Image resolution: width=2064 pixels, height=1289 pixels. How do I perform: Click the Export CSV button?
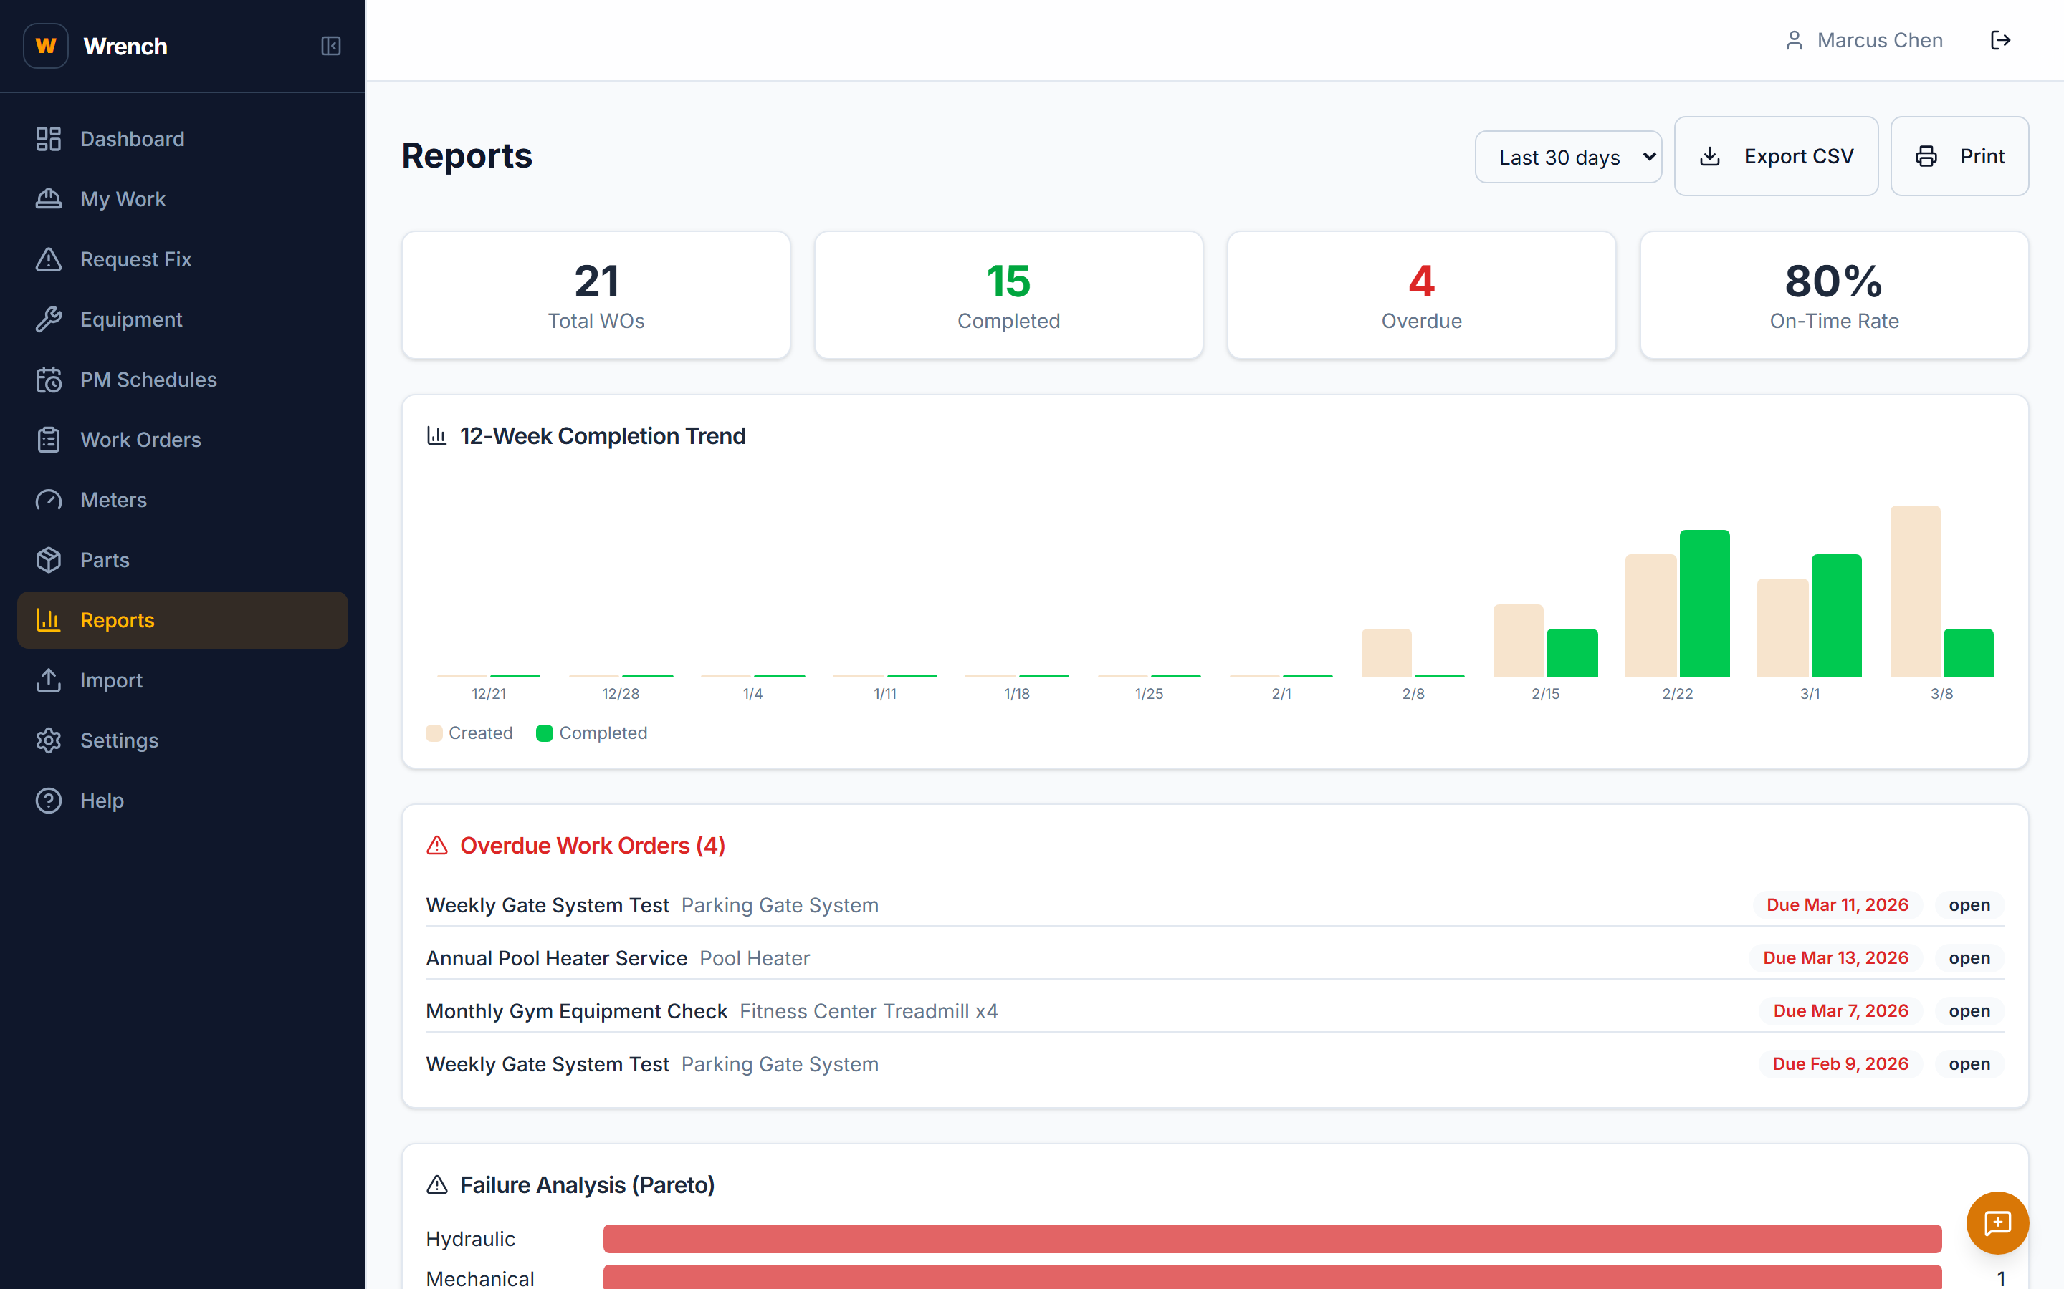pyautogui.click(x=1776, y=156)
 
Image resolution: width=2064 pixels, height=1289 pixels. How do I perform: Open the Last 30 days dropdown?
pyautogui.click(x=1567, y=157)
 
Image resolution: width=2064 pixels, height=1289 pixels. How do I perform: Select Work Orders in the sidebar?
pyautogui.click(x=140, y=440)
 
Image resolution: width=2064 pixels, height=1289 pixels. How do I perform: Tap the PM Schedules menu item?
pyautogui.click(x=148, y=380)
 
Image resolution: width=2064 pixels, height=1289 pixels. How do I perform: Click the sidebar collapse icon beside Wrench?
pyautogui.click(x=331, y=46)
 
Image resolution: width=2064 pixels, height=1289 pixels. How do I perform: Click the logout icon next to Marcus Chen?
pyautogui.click(x=2000, y=40)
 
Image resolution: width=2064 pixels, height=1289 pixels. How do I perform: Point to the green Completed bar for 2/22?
pyautogui.click(x=1704, y=604)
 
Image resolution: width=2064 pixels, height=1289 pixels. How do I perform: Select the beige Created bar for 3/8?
pyautogui.click(x=1915, y=592)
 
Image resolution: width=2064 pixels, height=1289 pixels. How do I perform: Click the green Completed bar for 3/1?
pyautogui.click(x=1835, y=616)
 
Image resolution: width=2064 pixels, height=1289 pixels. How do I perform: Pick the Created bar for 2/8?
pyautogui.click(x=1386, y=653)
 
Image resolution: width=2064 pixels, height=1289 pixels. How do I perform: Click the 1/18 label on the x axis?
pyautogui.click(x=1017, y=694)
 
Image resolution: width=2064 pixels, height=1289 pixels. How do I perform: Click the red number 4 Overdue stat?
pyautogui.click(x=1421, y=281)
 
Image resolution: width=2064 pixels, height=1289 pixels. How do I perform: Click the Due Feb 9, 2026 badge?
pyautogui.click(x=1840, y=1064)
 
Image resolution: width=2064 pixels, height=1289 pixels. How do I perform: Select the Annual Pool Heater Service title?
pyautogui.click(x=556, y=958)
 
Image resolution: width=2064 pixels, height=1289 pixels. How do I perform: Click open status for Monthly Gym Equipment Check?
pyautogui.click(x=1969, y=1011)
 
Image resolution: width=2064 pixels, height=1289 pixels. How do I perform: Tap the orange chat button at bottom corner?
pyautogui.click(x=1997, y=1222)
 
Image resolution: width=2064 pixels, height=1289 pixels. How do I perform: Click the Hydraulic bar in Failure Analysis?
pyautogui.click(x=1271, y=1239)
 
